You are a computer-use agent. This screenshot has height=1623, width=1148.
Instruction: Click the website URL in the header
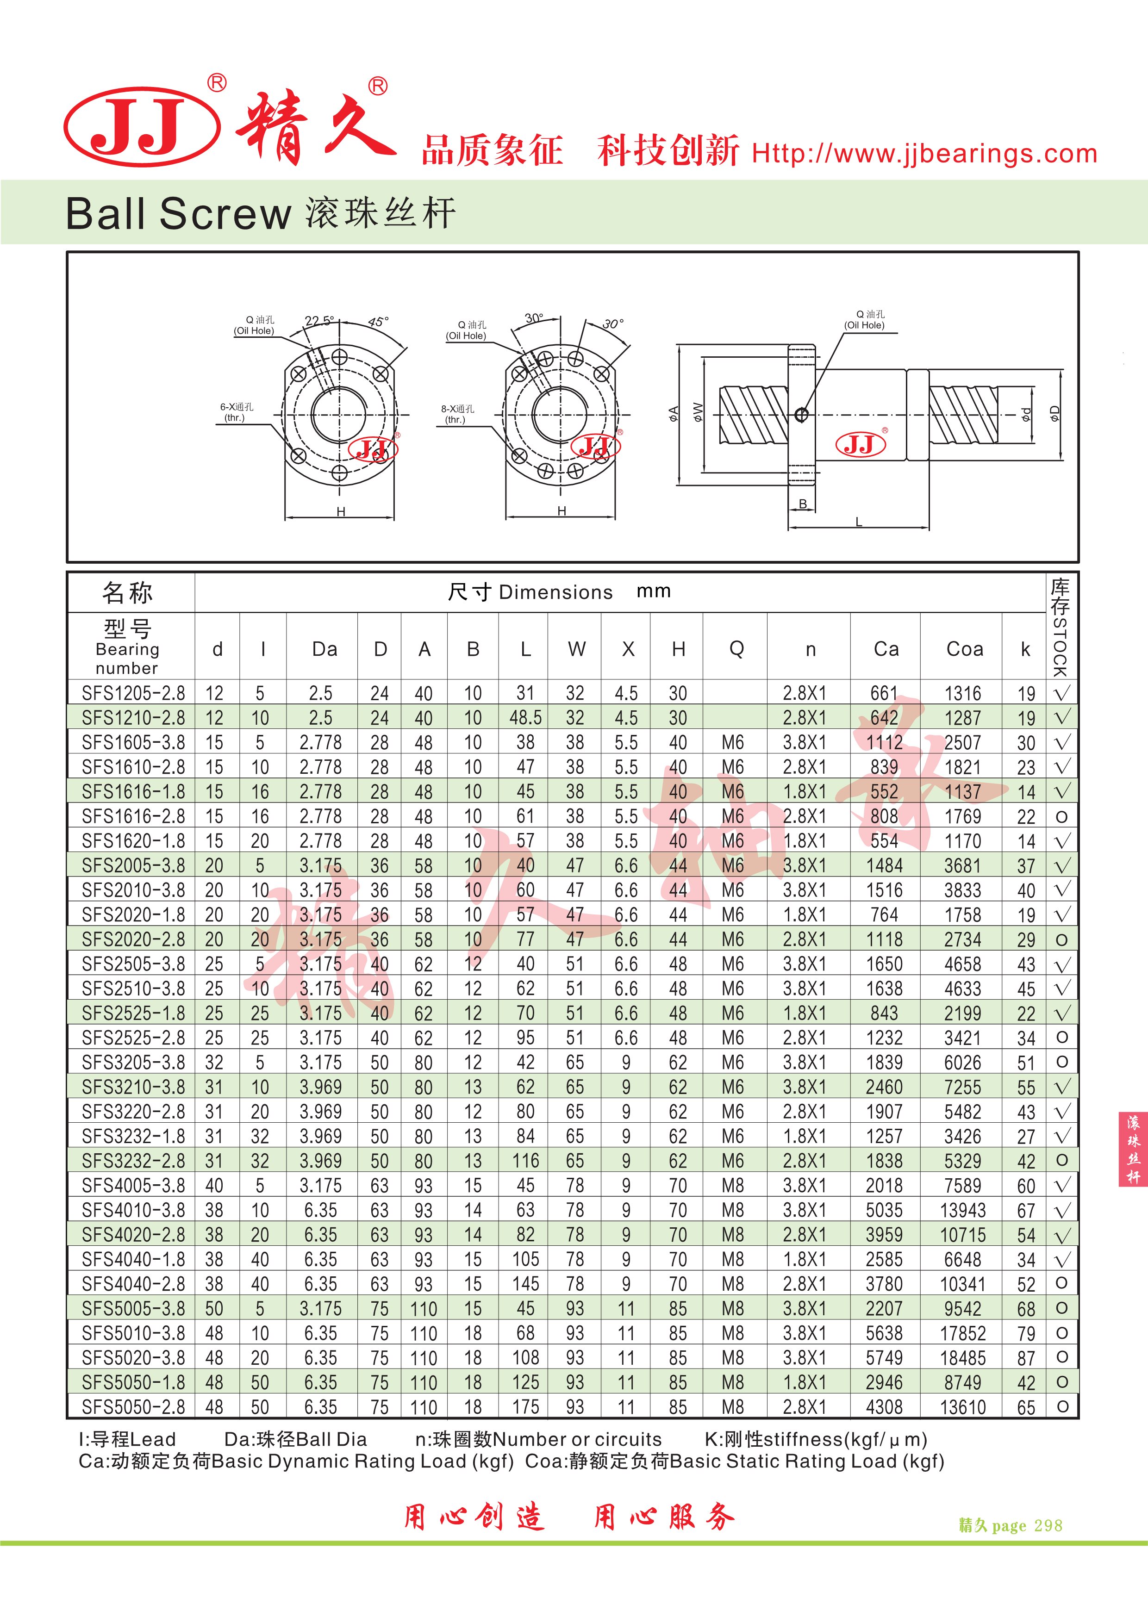point(924,153)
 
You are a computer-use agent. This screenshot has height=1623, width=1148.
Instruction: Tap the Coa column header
point(964,649)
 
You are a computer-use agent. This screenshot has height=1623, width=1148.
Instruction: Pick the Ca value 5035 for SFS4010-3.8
point(884,1210)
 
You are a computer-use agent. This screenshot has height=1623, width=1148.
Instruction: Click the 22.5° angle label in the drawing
point(319,320)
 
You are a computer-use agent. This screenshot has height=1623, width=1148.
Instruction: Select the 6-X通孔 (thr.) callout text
point(236,412)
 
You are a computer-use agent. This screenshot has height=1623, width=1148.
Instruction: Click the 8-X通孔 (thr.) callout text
point(457,414)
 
